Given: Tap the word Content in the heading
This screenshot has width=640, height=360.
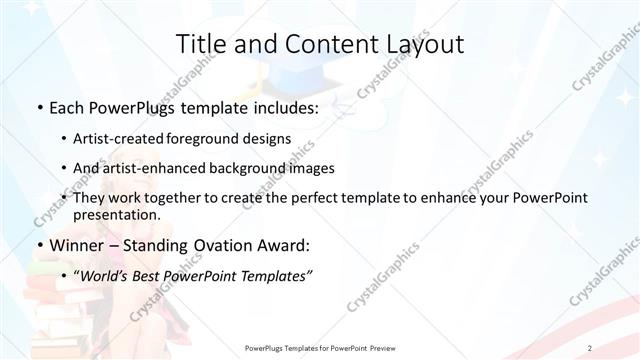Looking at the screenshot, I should point(318,44).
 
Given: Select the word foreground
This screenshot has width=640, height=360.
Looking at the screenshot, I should point(214,139).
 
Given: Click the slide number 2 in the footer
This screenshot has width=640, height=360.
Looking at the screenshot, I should point(591,347).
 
